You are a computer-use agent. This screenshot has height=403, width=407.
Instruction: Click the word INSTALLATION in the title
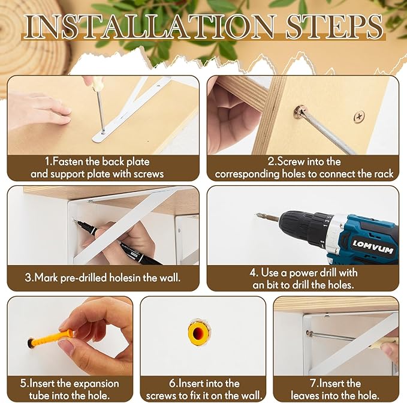click(x=150, y=27)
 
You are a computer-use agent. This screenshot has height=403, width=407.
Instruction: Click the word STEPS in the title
click(x=334, y=27)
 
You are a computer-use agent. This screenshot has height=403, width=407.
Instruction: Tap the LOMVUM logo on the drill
click(x=372, y=246)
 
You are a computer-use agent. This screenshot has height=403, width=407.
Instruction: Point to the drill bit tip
click(x=257, y=215)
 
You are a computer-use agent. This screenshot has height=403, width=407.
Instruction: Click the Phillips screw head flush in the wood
click(x=359, y=116)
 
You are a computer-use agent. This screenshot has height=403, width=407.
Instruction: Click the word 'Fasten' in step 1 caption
click(x=68, y=161)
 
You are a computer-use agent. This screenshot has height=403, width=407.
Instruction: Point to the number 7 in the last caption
click(x=313, y=384)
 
